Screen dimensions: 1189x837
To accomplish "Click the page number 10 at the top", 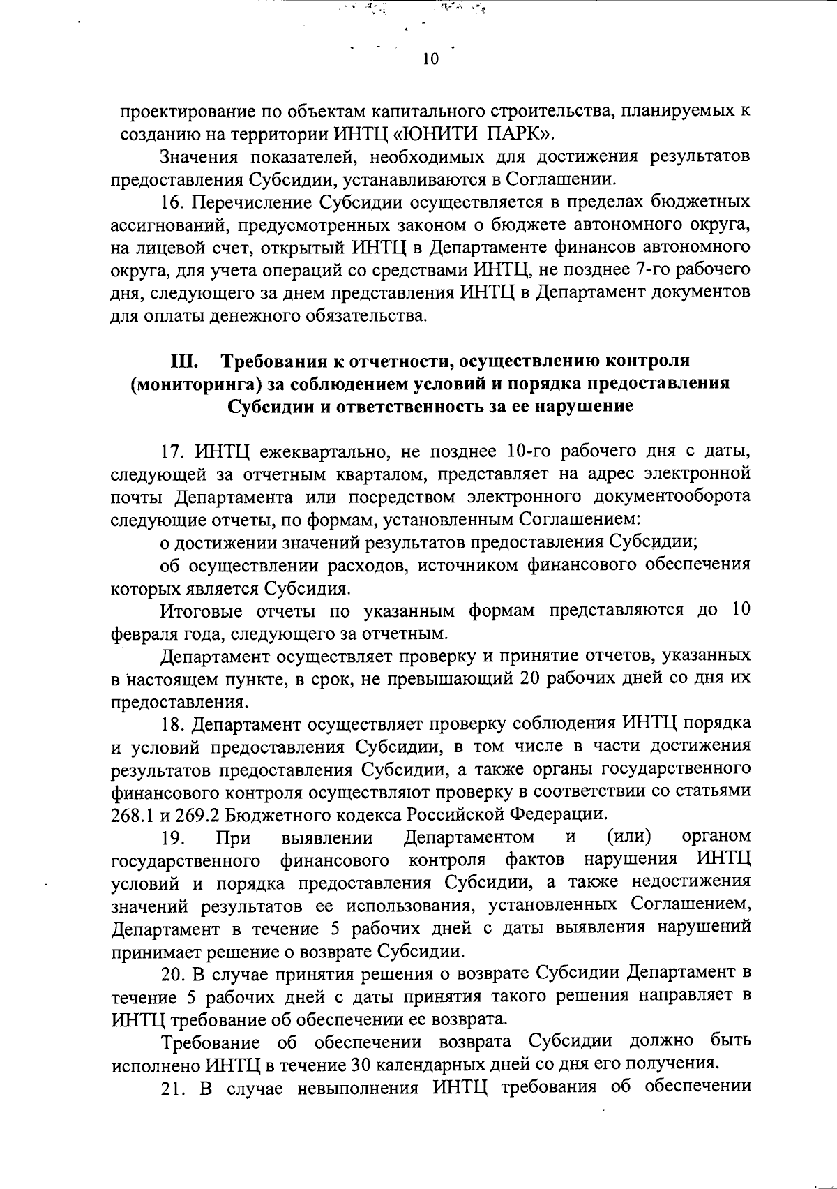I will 430,60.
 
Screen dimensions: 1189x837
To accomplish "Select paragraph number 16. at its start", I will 173,202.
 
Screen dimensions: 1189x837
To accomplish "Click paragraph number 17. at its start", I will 173,451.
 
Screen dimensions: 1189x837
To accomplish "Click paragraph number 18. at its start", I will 173,723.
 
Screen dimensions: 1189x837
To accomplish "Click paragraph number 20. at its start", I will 173,973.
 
